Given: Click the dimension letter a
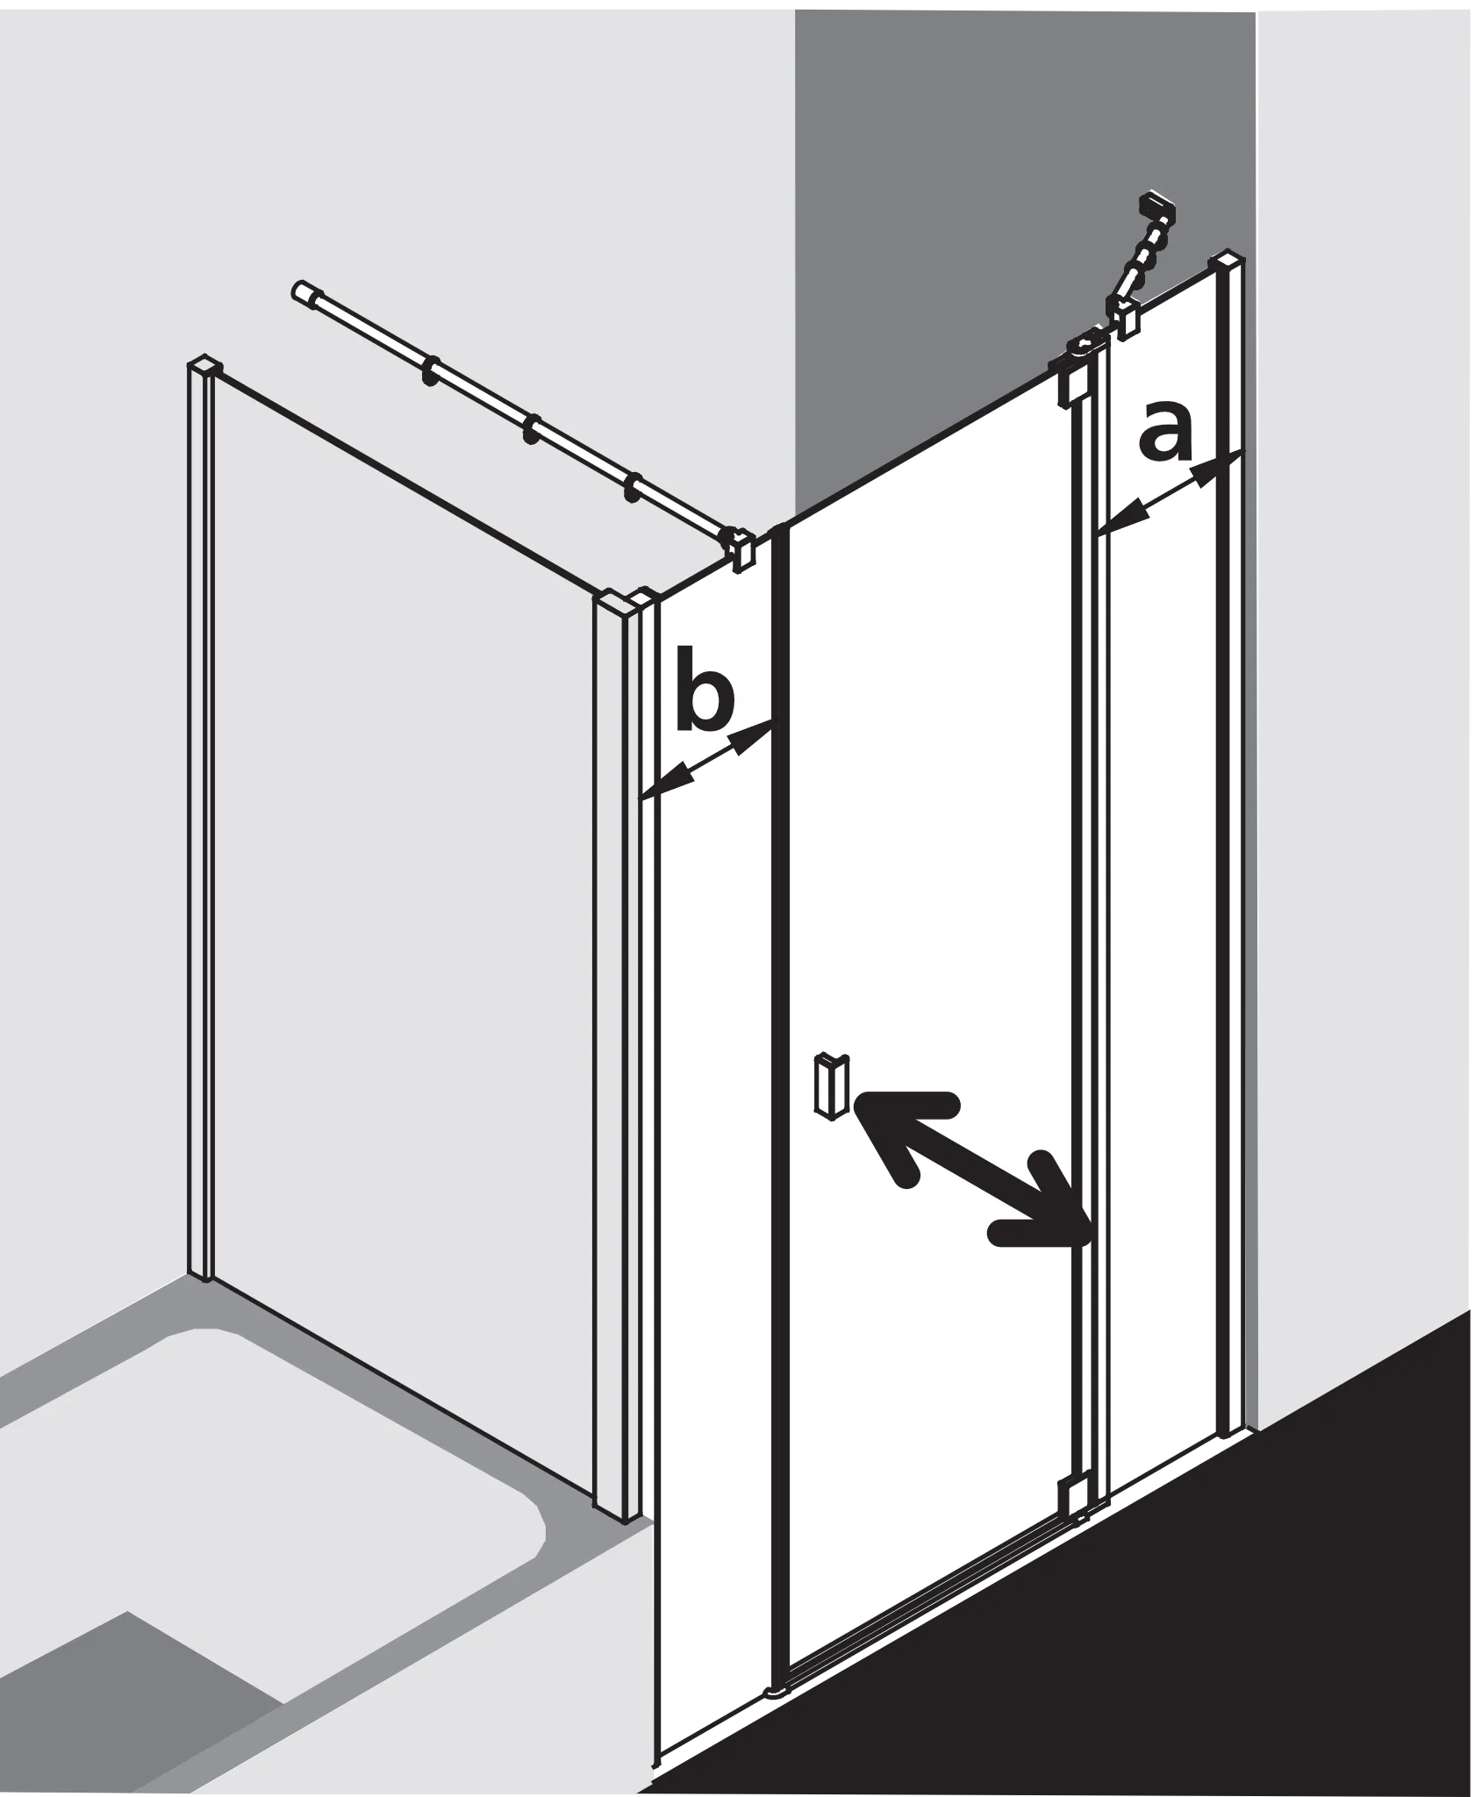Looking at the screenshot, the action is (1167, 432).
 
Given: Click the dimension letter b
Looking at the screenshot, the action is (705, 690).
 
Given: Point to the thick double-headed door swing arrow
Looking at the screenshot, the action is (971, 1168).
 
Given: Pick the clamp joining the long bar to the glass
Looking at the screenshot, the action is (739, 548).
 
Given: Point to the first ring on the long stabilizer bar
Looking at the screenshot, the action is (430, 370).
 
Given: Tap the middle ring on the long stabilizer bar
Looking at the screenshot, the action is (532, 430).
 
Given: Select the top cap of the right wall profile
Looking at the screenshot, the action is (1226, 261).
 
